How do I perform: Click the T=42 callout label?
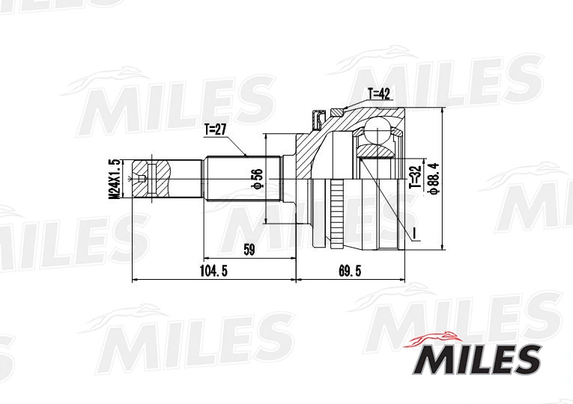tap(379, 94)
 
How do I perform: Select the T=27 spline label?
tap(216, 129)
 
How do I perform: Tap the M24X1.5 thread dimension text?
tap(115, 179)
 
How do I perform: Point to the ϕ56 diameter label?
tap(257, 179)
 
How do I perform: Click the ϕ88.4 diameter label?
tap(434, 179)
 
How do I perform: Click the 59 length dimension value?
tap(249, 250)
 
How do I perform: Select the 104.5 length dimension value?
tap(213, 271)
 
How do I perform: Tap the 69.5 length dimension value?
tap(350, 271)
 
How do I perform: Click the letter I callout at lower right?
tap(415, 232)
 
